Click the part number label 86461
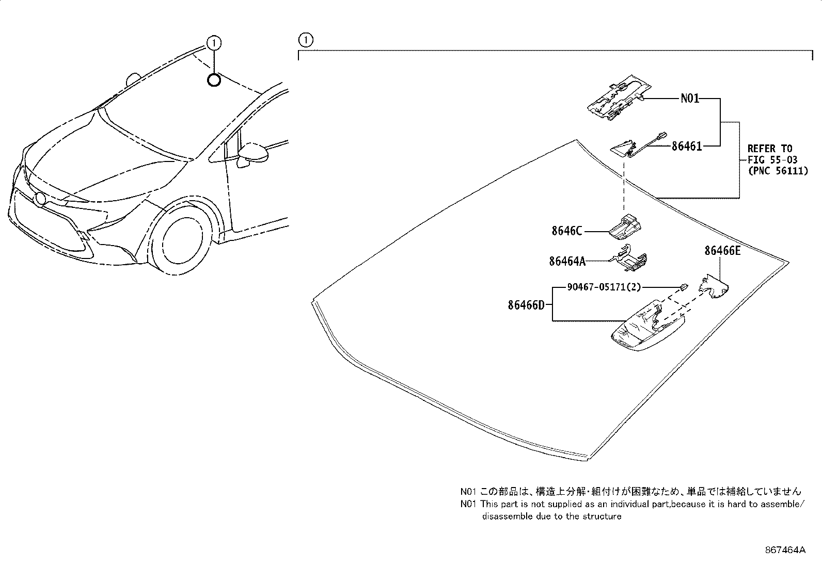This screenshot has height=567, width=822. click(686, 147)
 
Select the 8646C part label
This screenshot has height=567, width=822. click(566, 231)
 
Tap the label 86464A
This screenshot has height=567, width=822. click(567, 262)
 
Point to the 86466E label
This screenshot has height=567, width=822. click(722, 251)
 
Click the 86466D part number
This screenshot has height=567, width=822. click(526, 305)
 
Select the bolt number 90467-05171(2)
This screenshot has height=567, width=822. click(604, 287)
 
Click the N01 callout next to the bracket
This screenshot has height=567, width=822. click(690, 98)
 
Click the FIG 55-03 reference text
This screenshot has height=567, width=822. click(772, 160)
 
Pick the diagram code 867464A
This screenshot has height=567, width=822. click(785, 550)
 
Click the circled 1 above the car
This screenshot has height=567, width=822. click(214, 42)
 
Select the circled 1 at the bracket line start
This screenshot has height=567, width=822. click(305, 39)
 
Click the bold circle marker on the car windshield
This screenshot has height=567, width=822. click(214, 79)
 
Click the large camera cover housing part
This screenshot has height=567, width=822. click(645, 327)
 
